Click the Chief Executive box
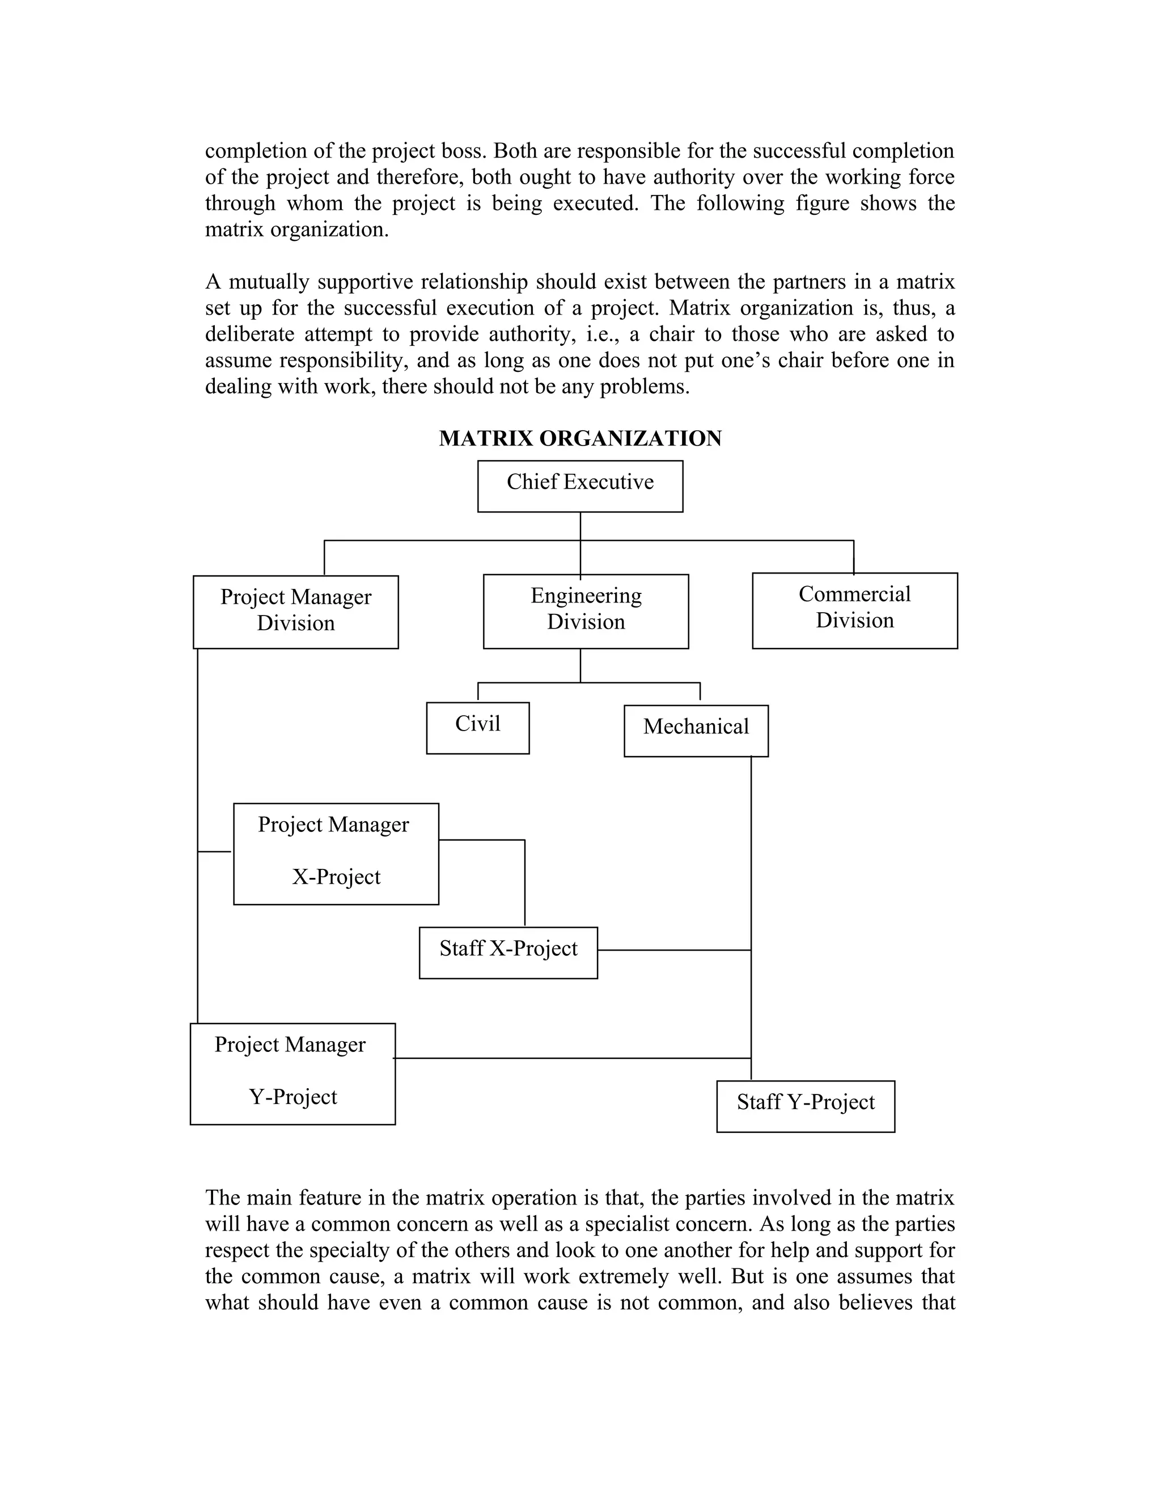tap(580, 486)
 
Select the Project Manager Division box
tap(296, 612)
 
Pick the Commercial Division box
tap(854, 610)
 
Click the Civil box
tap(477, 728)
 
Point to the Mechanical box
tap(696, 731)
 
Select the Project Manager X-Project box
tap(336, 854)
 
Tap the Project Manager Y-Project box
tap(293, 1074)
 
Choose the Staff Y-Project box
tap(805, 1106)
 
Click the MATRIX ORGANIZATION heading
tap(580, 438)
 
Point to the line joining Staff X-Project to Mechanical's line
tap(674, 950)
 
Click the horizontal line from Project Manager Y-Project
tap(571, 1058)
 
